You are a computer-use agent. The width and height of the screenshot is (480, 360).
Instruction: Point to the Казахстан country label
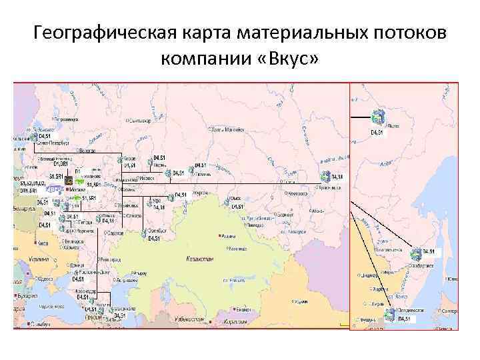[x=195, y=258]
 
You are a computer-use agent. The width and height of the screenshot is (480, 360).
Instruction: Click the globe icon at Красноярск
[x=325, y=177]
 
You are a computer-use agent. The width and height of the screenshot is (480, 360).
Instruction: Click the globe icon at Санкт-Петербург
[x=33, y=137]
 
